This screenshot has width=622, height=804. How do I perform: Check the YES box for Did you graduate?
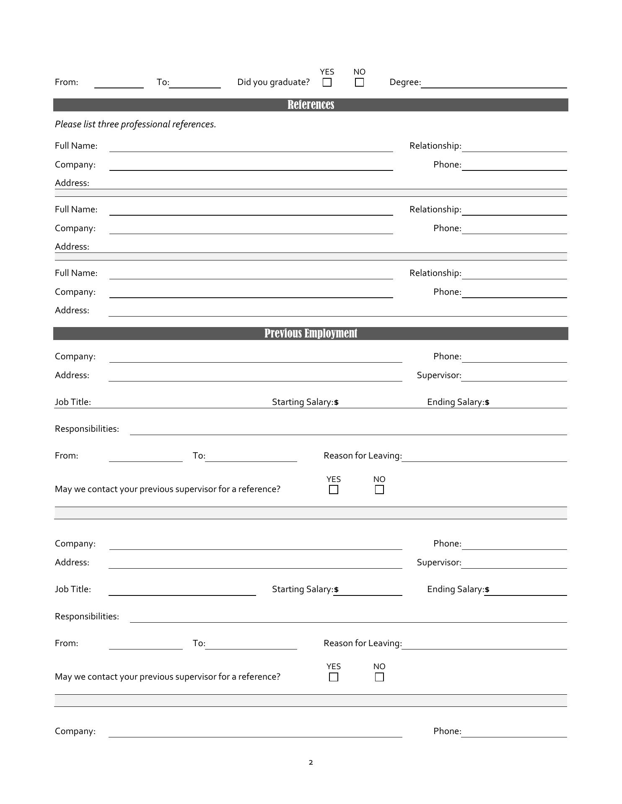click(x=327, y=82)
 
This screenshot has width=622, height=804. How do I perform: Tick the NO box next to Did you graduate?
click(x=359, y=82)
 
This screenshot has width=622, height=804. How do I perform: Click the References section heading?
click(x=311, y=105)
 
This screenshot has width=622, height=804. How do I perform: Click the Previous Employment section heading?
click(x=311, y=333)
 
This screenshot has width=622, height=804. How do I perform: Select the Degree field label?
click(x=405, y=82)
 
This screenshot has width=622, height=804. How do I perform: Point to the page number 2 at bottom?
click(x=311, y=762)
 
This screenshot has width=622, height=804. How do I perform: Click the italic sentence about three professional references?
click(x=135, y=124)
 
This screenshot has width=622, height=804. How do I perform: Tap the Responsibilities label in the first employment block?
click(x=87, y=429)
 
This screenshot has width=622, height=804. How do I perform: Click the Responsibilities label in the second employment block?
click(x=87, y=616)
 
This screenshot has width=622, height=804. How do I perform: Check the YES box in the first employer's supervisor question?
click(x=334, y=490)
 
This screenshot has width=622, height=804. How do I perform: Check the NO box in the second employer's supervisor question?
click(x=379, y=677)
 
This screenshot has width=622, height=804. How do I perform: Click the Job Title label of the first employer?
click(x=73, y=402)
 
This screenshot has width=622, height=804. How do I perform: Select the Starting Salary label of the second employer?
click(x=303, y=589)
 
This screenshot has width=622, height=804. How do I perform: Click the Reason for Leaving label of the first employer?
click(x=363, y=456)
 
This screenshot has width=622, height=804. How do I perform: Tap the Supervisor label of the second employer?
click(x=439, y=562)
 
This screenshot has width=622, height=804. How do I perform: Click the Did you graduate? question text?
click(x=273, y=82)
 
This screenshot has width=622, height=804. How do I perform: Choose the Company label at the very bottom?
click(x=75, y=731)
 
